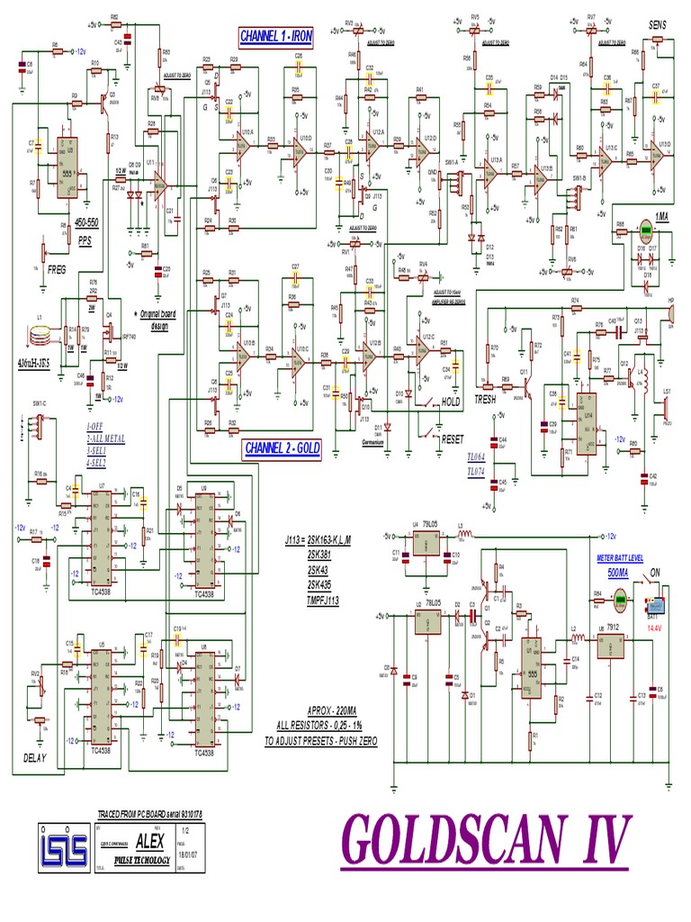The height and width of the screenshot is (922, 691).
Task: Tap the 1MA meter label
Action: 661,217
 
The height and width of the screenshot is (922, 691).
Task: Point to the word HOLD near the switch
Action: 453,402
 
